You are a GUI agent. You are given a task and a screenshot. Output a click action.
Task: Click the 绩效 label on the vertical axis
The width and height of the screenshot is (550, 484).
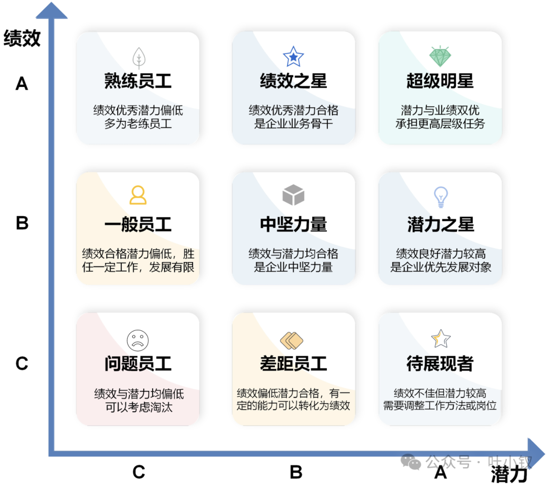tap(22, 39)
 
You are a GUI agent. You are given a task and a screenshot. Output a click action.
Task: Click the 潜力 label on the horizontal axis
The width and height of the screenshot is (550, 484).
tap(509, 473)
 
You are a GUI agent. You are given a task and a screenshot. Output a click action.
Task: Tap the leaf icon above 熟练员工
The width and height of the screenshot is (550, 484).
tap(138, 58)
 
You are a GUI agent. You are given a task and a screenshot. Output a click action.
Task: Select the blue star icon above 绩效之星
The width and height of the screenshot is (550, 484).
tap(293, 56)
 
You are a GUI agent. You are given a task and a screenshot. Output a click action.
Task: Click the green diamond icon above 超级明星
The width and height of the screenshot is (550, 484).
tap(440, 56)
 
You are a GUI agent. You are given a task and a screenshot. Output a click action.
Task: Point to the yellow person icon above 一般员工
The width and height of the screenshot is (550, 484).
tap(138, 195)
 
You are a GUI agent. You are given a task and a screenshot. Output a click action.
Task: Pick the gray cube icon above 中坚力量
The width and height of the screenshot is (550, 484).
tap(293, 195)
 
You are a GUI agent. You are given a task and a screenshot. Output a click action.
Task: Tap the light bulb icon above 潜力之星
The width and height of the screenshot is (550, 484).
tap(440, 195)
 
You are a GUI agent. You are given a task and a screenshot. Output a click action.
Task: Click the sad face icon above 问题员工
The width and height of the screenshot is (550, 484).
tap(138, 339)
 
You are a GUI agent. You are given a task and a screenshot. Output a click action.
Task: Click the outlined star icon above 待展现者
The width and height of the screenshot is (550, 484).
tap(441, 338)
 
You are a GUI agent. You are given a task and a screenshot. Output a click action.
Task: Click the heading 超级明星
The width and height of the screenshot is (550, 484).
tap(440, 81)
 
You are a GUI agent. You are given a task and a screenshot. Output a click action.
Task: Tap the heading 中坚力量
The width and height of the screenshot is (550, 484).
tap(293, 224)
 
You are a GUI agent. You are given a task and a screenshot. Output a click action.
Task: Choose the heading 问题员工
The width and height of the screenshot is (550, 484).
tap(138, 363)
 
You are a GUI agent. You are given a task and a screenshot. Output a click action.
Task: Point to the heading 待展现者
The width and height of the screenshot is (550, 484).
tap(440, 363)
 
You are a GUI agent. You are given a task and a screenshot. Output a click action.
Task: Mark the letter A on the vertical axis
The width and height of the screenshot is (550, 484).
tap(22, 83)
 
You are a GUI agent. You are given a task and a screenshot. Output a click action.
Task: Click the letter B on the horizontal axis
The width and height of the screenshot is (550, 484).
tap(296, 472)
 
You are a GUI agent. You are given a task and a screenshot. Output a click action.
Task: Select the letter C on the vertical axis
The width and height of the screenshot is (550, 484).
tap(22, 363)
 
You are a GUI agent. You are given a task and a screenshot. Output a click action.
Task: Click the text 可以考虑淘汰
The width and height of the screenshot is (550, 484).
tap(138, 407)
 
